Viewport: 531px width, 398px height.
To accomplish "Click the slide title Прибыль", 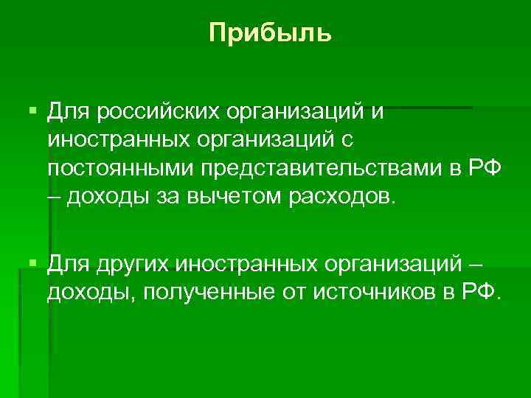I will tap(270, 33).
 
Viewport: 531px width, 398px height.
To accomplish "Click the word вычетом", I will tap(226, 197).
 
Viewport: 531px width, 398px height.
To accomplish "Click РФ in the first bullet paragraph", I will tap(484, 169).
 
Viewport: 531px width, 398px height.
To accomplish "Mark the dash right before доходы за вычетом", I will tap(53, 197).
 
